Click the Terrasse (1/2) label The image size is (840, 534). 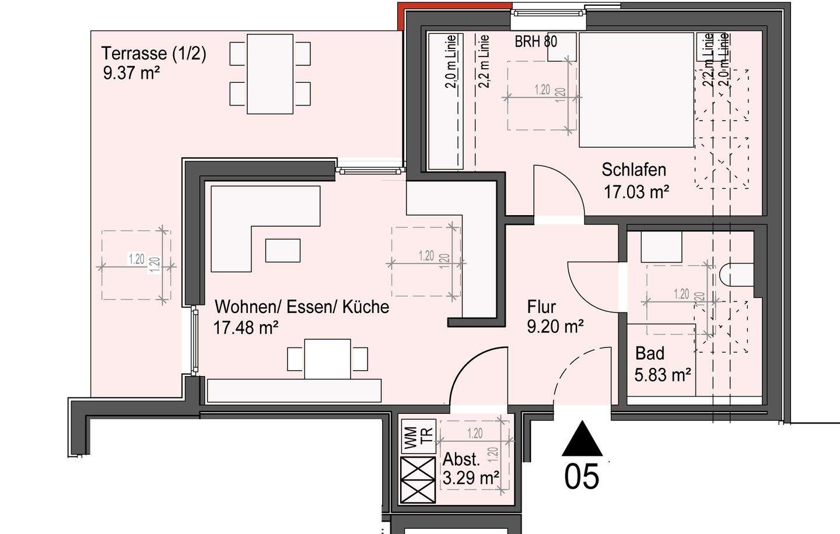154,54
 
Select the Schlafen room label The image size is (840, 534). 633,170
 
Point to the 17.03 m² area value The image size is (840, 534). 636,192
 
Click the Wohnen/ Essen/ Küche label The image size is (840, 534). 302,307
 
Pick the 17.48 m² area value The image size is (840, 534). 246,328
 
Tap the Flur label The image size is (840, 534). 541,307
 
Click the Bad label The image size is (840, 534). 649,353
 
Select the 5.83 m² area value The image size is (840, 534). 663,374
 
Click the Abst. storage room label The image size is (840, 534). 461,459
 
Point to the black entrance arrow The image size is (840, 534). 582,440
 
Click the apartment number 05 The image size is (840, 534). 582,476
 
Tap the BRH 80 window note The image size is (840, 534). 535,42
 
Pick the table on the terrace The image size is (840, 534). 269,74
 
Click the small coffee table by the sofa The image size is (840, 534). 283,250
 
